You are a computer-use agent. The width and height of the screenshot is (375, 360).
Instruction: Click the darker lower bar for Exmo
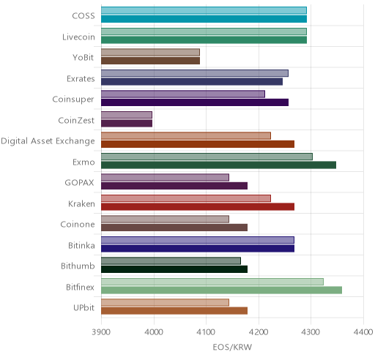click(218, 165)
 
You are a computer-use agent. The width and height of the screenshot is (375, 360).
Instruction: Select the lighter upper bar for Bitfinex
click(212, 282)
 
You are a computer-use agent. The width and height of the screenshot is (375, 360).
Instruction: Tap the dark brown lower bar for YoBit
click(150, 61)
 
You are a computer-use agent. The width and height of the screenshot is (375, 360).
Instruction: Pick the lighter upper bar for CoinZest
click(127, 115)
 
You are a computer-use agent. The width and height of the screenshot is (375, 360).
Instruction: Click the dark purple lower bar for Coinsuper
click(195, 102)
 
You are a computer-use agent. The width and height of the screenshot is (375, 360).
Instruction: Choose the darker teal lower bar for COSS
click(204, 19)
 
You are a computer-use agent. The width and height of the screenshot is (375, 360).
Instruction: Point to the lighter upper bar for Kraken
click(186, 198)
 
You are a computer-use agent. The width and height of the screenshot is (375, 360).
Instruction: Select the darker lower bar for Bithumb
click(174, 269)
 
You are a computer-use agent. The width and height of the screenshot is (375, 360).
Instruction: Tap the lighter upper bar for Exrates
click(195, 73)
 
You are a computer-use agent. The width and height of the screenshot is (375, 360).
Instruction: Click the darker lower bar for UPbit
click(174, 311)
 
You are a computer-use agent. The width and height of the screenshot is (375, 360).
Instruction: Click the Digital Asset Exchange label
click(48, 141)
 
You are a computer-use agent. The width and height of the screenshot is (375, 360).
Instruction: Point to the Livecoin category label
click(78, 37)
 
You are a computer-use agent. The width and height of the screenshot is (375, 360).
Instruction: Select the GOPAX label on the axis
click(79, 183)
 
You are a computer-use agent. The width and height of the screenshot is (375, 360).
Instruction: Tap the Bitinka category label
click(81, 245)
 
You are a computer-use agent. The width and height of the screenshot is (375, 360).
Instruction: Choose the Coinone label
click(78, 225)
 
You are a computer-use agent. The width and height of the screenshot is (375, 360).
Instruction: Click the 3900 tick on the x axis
click(101, 332)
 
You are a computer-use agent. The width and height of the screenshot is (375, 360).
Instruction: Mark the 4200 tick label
click(259, 332)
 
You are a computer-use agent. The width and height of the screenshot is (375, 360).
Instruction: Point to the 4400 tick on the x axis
click(363, 332)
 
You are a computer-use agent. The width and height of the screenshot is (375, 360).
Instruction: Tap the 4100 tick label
click(206, 332)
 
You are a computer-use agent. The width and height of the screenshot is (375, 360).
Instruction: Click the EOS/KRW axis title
click(232, 347)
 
